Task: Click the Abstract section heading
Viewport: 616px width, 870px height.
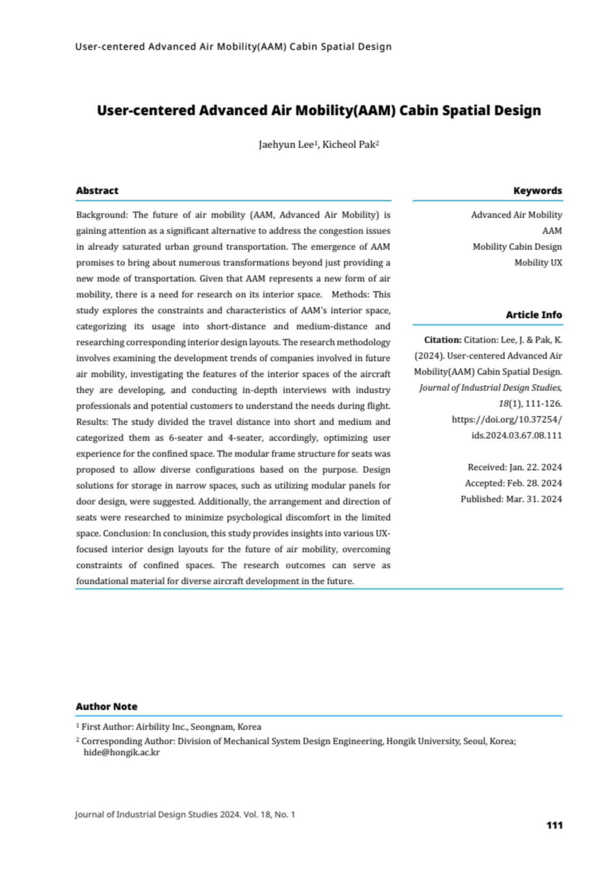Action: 97,191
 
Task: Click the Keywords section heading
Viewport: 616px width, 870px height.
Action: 537,191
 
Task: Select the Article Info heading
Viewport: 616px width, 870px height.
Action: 533,315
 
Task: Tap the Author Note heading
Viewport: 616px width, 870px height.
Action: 106,707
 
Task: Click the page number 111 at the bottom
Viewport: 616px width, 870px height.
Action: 554,825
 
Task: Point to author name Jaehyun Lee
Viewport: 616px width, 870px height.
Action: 286,145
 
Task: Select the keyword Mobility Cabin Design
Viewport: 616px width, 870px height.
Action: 517,247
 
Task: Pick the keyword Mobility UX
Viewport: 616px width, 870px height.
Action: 537,263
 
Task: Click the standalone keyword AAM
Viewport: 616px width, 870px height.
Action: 552,231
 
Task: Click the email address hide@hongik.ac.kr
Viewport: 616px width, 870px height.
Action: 122,753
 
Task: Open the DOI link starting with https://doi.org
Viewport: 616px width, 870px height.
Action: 507,420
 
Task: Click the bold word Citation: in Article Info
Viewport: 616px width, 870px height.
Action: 442,340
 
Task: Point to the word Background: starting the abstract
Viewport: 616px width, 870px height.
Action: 102,215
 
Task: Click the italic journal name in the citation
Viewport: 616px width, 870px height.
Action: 490,388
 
